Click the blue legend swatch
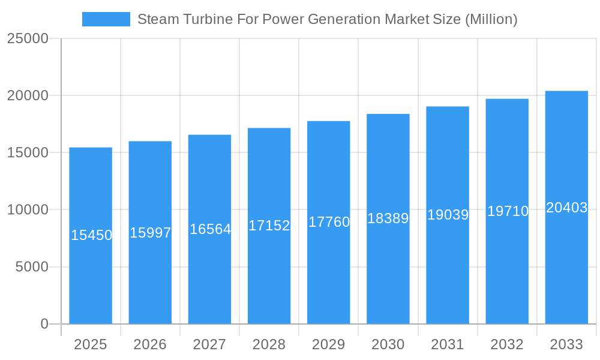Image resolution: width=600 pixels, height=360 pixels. [x=106, y=19]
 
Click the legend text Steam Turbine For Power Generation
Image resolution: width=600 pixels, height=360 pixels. [x=259, y=19]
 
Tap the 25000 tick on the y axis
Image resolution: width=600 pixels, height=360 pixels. [x=28, y=38]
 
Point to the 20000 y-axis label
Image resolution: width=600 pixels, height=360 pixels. [x=28, y=95]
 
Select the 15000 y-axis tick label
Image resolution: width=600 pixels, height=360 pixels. [x=28, y=152]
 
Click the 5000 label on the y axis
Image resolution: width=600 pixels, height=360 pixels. [x=31, y=267]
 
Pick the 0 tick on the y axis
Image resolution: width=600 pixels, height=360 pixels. [x=44, y=324]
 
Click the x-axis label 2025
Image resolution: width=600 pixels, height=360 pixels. [x=91, y=344]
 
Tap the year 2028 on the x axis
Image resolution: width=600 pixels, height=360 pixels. [x=269, y=344]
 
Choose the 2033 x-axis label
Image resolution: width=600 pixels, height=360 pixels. [x=566, y=344]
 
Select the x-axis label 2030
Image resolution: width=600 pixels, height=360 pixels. [x=388, y=344]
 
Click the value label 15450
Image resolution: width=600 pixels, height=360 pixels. [x=91, y=235]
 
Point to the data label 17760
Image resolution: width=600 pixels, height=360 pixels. [x=329, y=222]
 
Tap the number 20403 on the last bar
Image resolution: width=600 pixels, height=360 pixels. [x=566, y=208]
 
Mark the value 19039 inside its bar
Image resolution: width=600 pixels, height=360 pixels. [x=448, y=215]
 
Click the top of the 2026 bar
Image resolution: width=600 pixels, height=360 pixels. [x=150, y=142]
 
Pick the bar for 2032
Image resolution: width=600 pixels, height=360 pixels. [x=507, y=270]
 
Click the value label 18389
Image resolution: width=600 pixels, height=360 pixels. [x=388, y=218]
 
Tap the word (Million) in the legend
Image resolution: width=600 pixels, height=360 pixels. [x=491, y=19]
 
